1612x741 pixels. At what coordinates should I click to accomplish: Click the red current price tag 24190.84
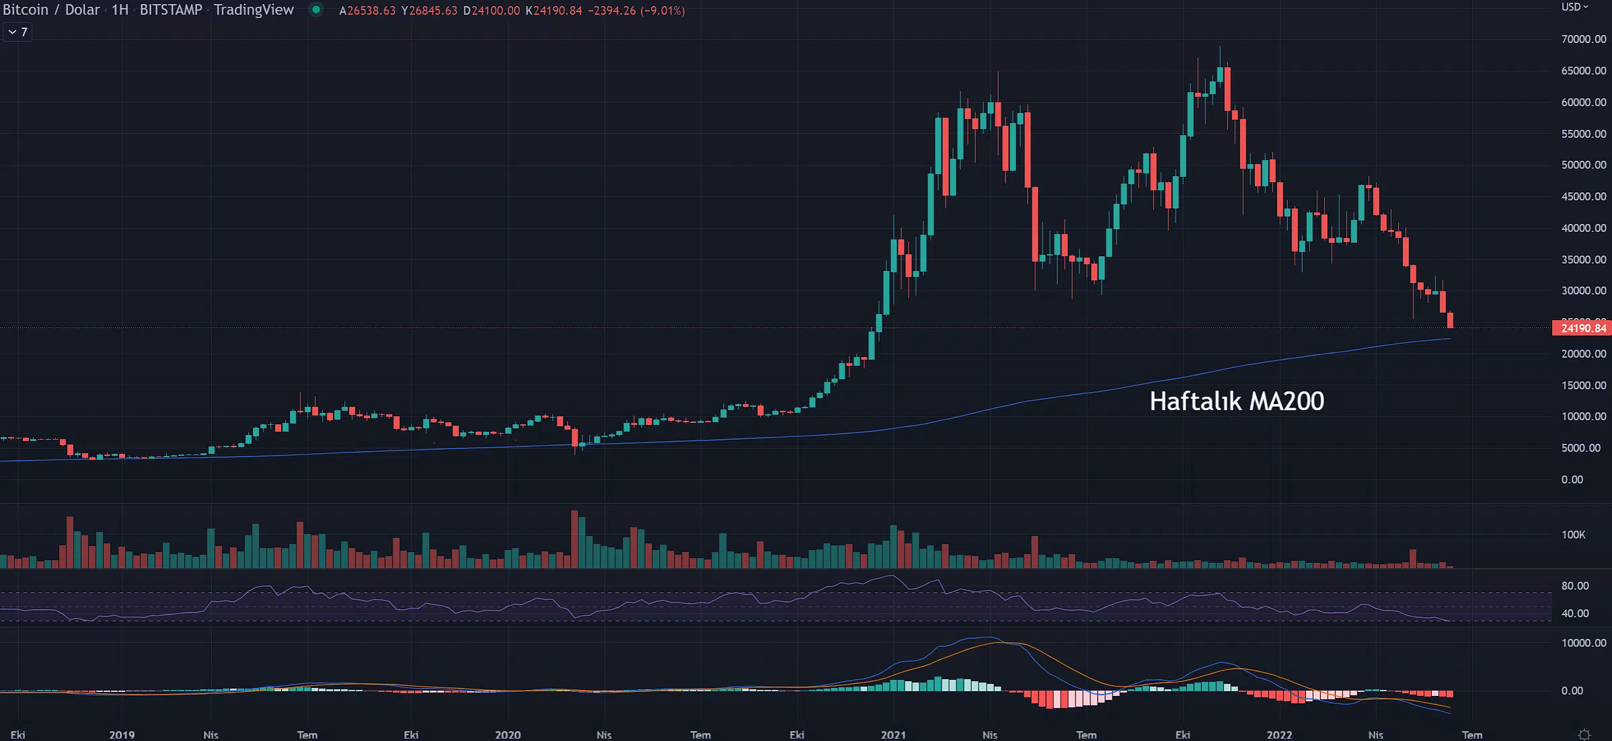[x=1582, y=328]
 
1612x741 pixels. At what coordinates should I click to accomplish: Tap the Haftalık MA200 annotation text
[x=1236, y=401]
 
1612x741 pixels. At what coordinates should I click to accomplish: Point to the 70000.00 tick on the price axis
[x=1583, y=39]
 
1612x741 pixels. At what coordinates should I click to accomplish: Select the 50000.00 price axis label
[x=1583, y=165]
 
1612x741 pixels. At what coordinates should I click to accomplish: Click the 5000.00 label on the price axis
[x=1580, y=448]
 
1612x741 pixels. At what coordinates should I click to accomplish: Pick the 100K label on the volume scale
[x=1573, y=535]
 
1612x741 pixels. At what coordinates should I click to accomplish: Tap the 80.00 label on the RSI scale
[x=1574, y=586]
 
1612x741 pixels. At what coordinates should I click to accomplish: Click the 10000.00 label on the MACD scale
[x=1583, y=643]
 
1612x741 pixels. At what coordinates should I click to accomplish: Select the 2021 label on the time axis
[x=893, y=734]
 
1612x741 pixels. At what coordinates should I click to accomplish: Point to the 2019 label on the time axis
[x=122, y=734]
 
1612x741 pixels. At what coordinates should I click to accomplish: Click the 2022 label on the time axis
[x=1279, y=734]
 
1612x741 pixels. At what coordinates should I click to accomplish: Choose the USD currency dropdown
[x=1574, y=7]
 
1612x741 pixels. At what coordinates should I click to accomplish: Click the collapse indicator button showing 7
[x=17, y=32]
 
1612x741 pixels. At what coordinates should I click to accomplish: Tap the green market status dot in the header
[x=315, y=9]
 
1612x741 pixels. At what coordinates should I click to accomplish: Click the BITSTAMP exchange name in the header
[x=171, y=9]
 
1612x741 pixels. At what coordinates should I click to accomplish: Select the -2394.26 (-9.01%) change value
[x=636, y=11]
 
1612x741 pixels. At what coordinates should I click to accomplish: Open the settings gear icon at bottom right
[x=1584, y=734]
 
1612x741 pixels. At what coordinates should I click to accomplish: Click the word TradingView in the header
[x=254, y=9]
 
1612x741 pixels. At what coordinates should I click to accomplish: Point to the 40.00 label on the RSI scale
[x=1574, y=613]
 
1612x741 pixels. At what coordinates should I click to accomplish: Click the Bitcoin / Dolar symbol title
[x=51, y=9]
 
